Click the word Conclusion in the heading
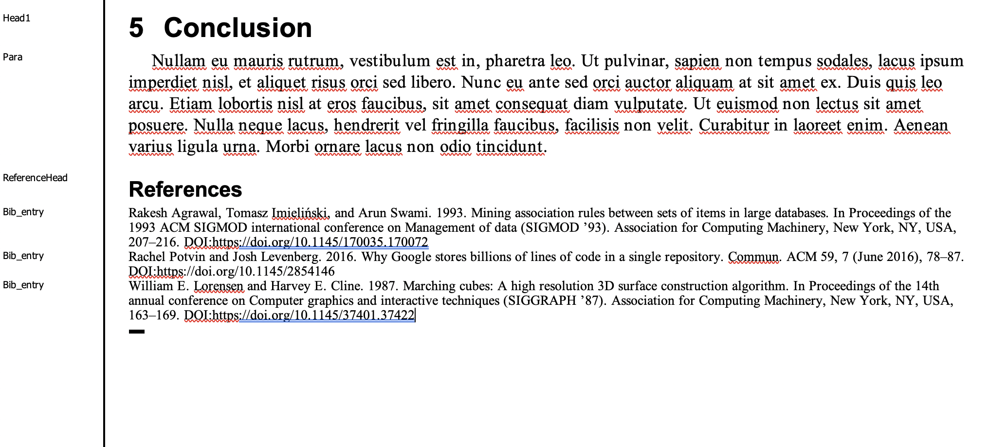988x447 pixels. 238,28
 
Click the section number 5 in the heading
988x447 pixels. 136,28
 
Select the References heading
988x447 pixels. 185,189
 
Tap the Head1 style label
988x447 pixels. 17,19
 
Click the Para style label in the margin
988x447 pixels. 13,57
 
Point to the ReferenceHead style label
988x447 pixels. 35,178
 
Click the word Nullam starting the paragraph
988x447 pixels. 178,61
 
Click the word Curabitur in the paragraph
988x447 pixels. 733,125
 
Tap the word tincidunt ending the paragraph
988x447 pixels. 509,147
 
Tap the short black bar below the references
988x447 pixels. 137,332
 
